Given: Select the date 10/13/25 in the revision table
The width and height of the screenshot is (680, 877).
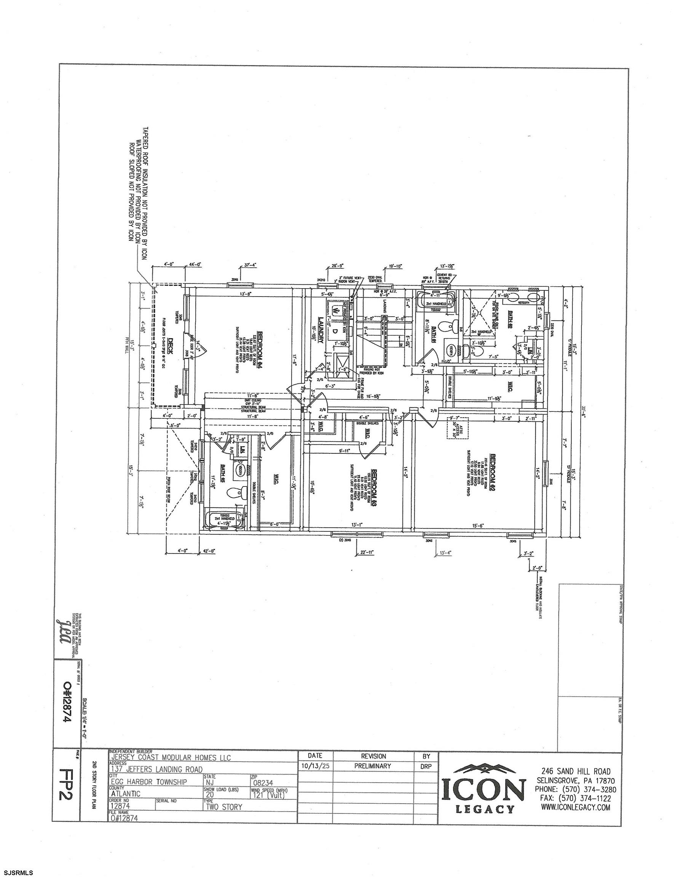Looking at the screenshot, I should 315,766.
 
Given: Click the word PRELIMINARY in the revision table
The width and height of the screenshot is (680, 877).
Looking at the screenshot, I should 373,766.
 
